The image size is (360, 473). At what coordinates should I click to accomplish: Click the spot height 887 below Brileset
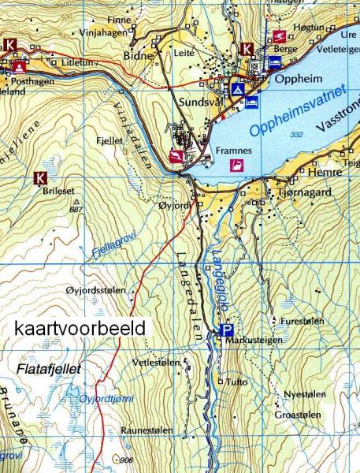click(98, 209)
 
